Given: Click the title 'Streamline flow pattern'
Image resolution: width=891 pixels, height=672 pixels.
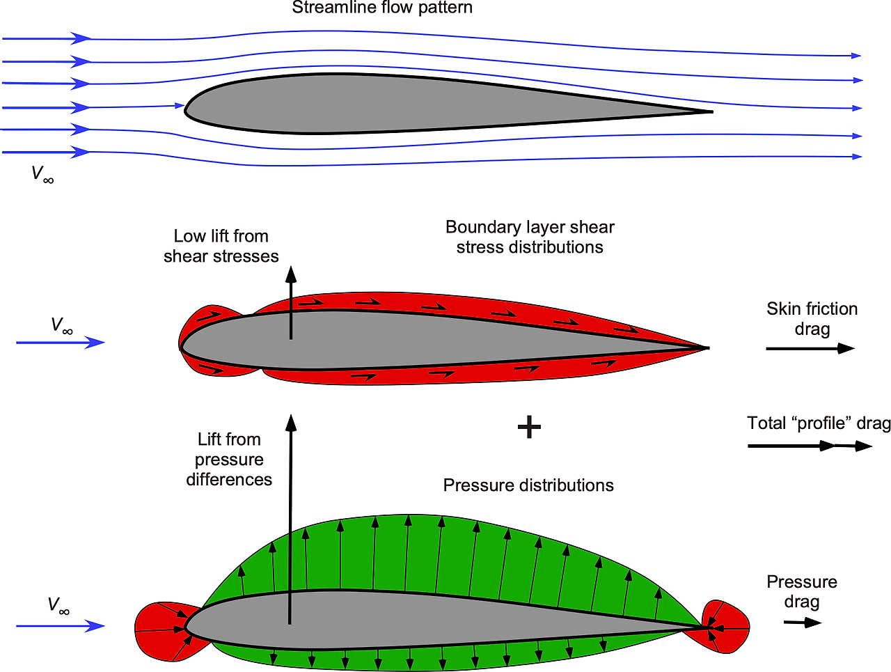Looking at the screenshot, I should click(x=382, y=8).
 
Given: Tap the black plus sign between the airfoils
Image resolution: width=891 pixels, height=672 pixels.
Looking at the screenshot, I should click(x=529, y=427).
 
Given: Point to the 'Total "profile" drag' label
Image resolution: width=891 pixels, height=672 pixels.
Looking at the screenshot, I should click(x=819, y=423).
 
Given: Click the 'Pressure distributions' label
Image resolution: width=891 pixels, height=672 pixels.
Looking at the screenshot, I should click(x=528, y=485).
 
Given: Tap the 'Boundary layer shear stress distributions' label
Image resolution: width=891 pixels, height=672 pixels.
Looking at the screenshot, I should click(x=530, y=237).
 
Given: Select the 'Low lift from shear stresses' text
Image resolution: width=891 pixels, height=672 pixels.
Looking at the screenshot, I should click(x=221, y=247).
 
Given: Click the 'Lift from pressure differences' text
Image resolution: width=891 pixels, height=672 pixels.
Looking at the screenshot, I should click(x=229, y=460).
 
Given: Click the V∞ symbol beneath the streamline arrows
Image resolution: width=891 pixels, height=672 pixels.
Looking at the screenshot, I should click(x=42, y=174).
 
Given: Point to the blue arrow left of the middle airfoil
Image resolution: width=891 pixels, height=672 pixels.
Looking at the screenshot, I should click(x=60, y=342).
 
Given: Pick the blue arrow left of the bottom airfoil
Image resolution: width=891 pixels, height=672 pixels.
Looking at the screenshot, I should click(x=60, y=626).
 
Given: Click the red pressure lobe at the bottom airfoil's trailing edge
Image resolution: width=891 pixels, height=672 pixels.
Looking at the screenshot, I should click(x=727, y=627).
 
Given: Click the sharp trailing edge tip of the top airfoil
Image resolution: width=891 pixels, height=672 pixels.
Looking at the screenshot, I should click(x=710, y=111).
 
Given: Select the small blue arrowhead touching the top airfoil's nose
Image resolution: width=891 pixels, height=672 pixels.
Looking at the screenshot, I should click(x=180, y=106).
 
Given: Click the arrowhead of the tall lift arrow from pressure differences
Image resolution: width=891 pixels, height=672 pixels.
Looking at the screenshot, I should click(x=291, y=422).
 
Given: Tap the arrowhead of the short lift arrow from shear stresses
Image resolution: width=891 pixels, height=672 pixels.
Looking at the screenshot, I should click(x=291, y=274).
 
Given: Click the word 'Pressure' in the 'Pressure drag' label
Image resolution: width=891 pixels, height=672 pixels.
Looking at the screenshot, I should click(x=802, y=582).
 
